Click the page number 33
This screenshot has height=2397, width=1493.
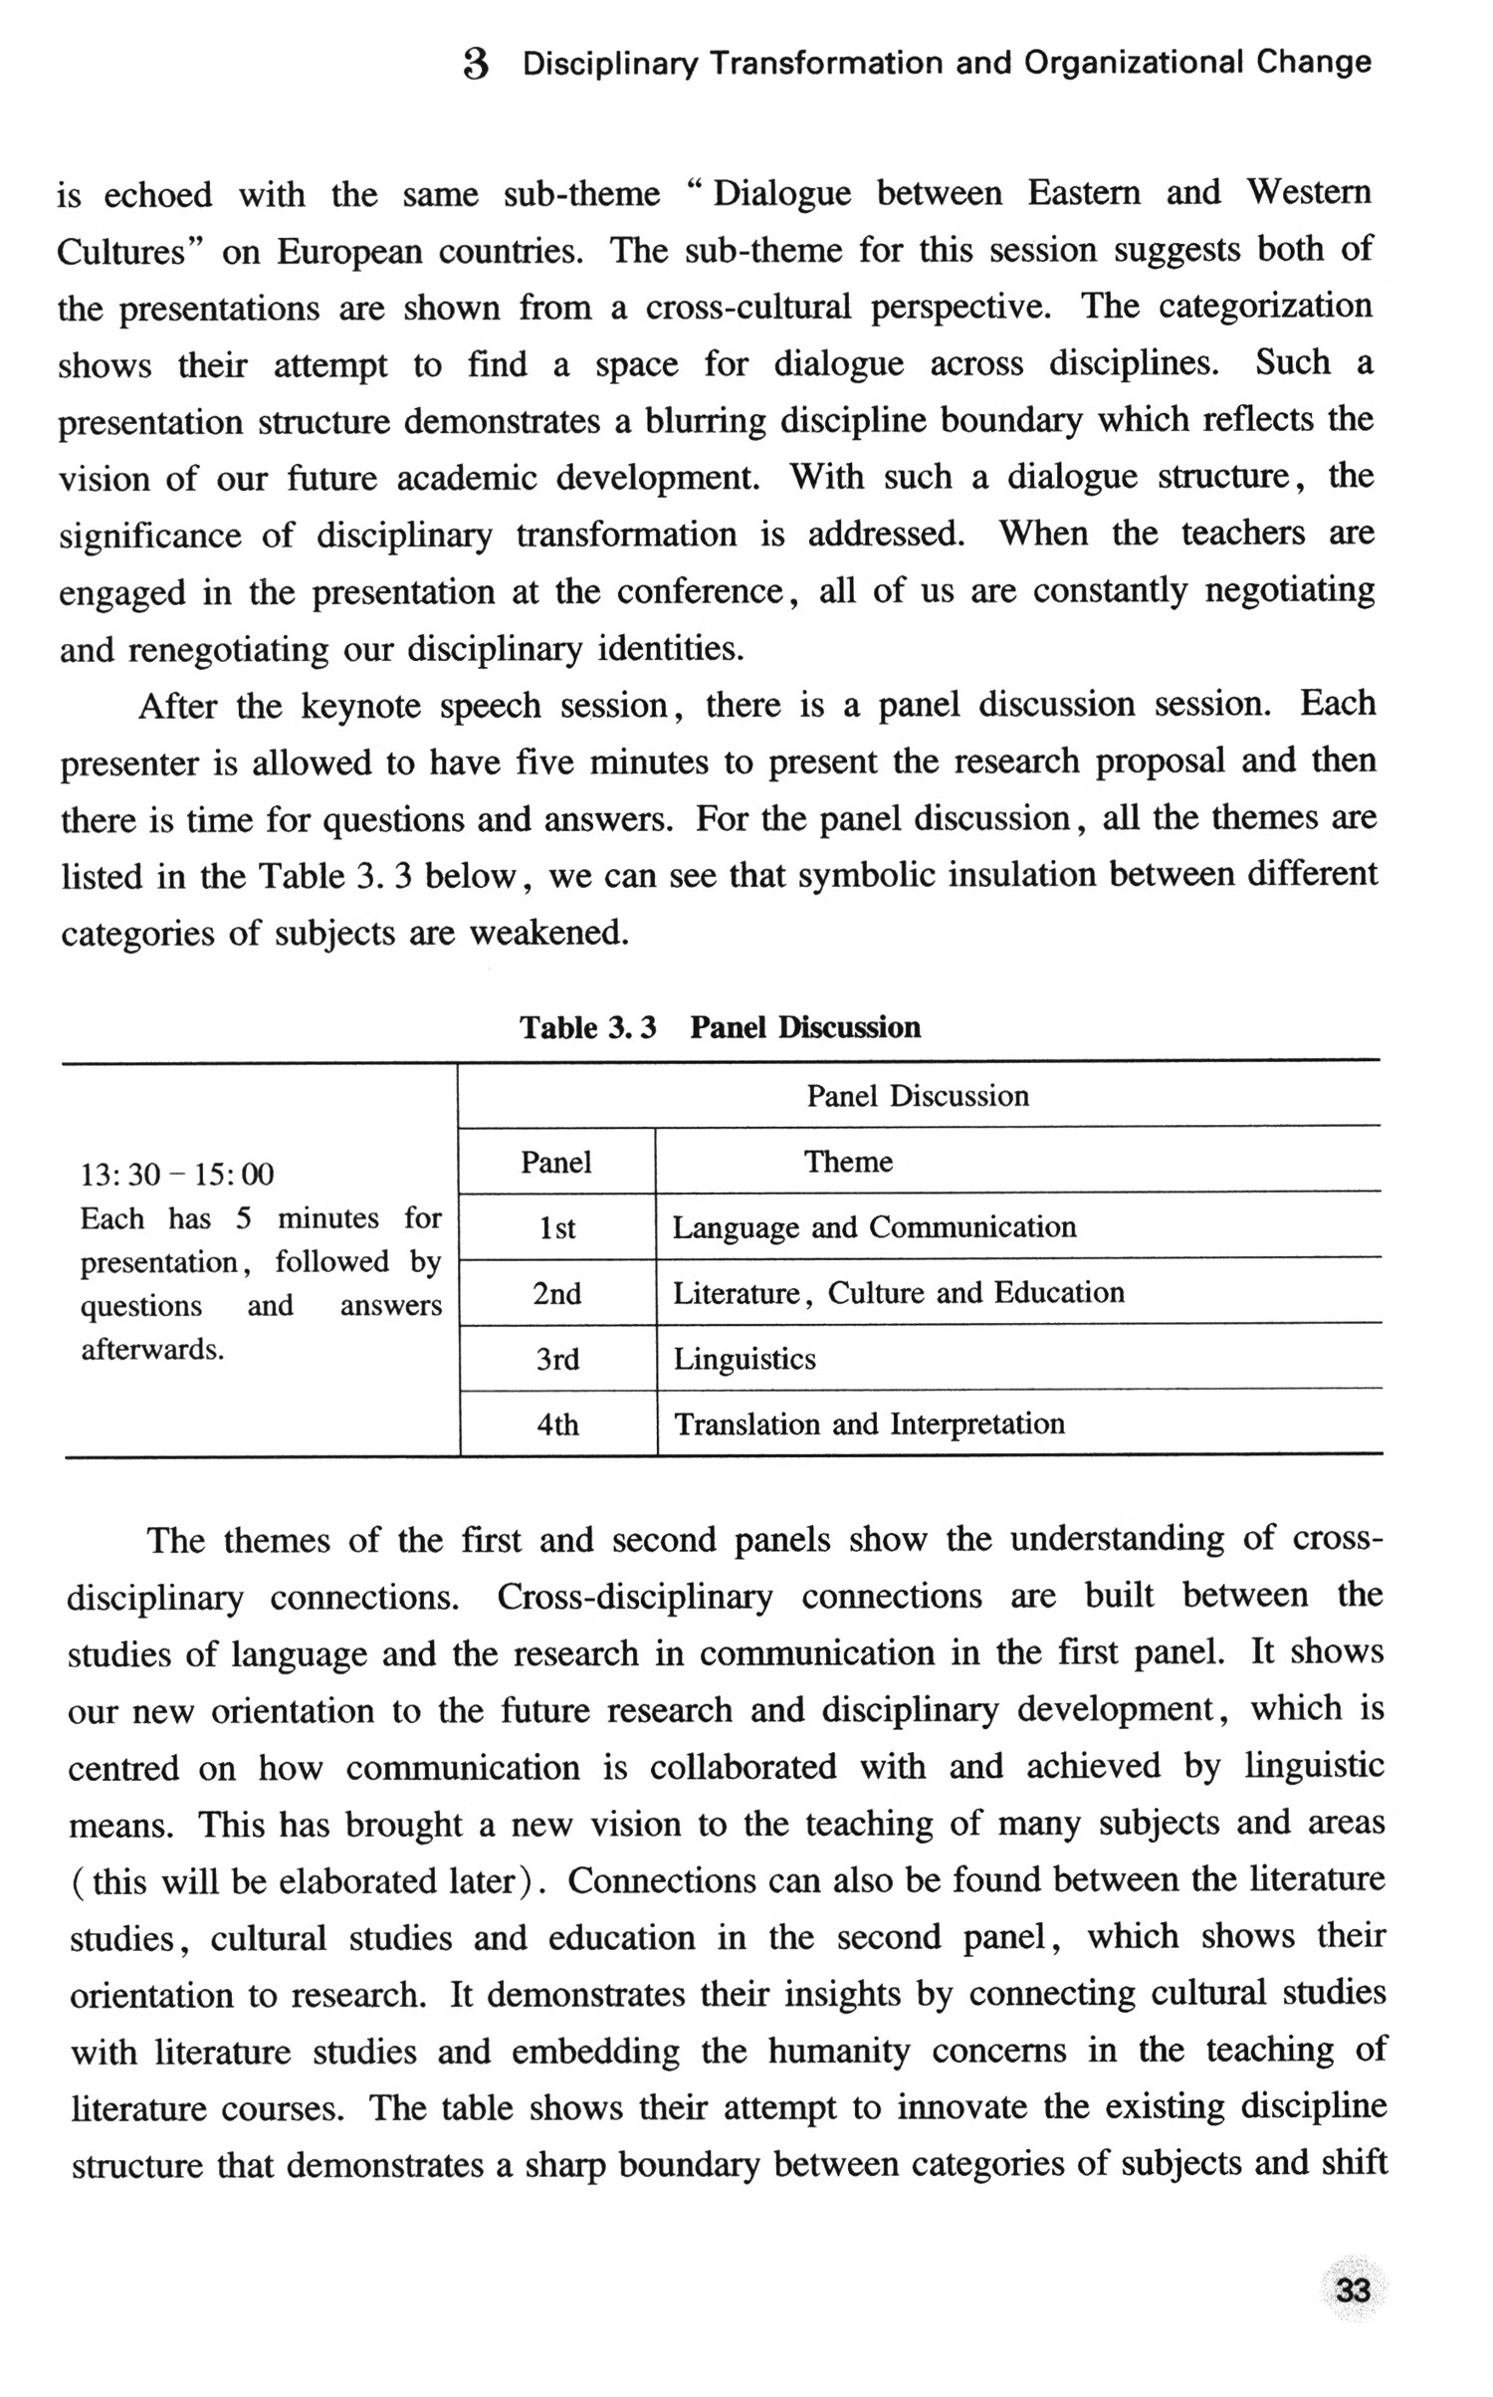1353,2290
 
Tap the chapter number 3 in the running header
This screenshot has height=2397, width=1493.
477,65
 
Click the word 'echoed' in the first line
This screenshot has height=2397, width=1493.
157,195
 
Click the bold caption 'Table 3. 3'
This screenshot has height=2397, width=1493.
587,1027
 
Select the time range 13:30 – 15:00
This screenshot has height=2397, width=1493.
176,1175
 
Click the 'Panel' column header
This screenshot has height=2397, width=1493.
556,1162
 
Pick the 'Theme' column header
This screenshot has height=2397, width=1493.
848,1162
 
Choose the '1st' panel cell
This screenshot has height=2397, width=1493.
557,1228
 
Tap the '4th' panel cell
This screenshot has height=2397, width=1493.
557,1424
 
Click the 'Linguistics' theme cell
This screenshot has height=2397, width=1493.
745,1359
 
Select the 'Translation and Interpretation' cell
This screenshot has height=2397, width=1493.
869,1424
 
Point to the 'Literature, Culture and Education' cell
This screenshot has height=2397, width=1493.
898,1293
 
